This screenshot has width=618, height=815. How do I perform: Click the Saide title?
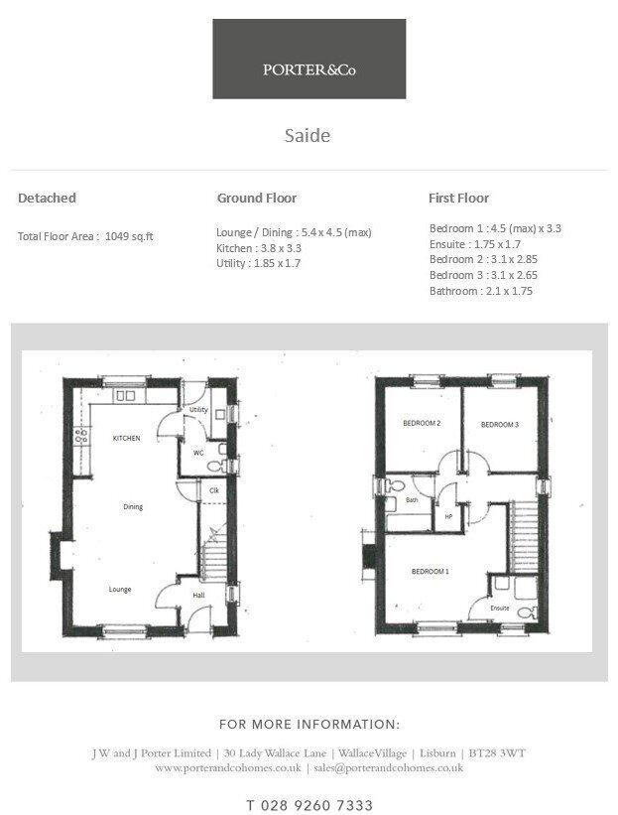308,135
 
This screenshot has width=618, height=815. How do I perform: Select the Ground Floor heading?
257,199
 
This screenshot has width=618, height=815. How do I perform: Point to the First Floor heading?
458,199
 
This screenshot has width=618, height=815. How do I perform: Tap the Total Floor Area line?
85,236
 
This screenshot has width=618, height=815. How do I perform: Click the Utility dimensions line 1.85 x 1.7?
258,263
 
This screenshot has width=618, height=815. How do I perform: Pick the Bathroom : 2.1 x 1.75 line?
481,291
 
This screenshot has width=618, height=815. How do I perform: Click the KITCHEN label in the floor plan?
126,438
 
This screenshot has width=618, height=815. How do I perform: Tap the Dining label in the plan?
133,507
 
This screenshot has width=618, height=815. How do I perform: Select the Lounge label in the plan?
120,589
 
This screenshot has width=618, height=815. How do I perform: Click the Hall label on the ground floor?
199,596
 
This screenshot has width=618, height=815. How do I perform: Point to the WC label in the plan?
198,453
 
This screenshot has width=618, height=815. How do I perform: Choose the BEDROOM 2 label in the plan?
421,424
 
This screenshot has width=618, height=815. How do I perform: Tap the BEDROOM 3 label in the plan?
500,425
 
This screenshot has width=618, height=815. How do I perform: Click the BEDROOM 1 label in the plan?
431,572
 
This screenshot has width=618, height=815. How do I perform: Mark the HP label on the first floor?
448,516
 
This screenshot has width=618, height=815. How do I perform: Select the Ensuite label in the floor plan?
499,608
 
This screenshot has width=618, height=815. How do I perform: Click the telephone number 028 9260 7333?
309,805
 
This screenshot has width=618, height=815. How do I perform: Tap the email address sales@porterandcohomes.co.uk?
385,768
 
